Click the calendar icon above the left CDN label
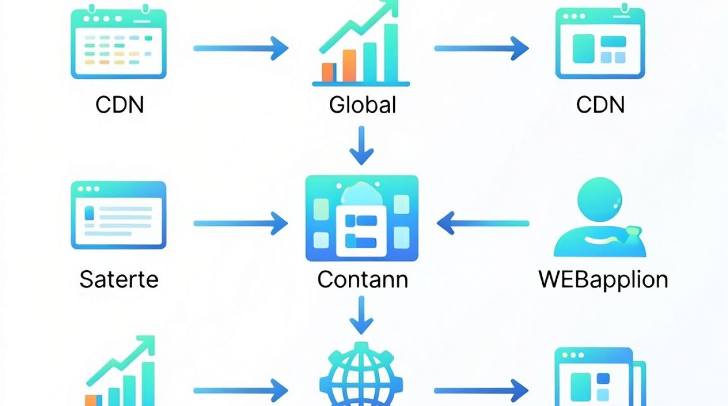(x=119, y=42)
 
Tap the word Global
(x=362, y=105)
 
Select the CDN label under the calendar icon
(x=120, y=105)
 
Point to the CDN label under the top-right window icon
(x=600, y=105)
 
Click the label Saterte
(x=119, y=279)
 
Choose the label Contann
(x=362, y=279)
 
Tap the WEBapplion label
(x=603, y=280)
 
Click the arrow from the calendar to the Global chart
(x=241, y=48)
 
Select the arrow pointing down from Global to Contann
(x=361, y=146)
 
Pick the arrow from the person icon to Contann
(x=483, y=223)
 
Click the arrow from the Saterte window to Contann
(x=241, y=224)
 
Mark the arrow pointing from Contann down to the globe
(x=361, y=315)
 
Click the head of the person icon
(x=600, y=199)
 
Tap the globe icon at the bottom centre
(x=361, y=375)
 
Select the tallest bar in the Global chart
(x=391, y=53)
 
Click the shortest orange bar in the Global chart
(x=328, y=73)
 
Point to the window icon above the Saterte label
(x=119, y=215)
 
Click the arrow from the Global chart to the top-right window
(x=482, y=48)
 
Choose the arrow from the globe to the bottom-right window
(x=482, y=390)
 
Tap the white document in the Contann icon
(x=361, y=231)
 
